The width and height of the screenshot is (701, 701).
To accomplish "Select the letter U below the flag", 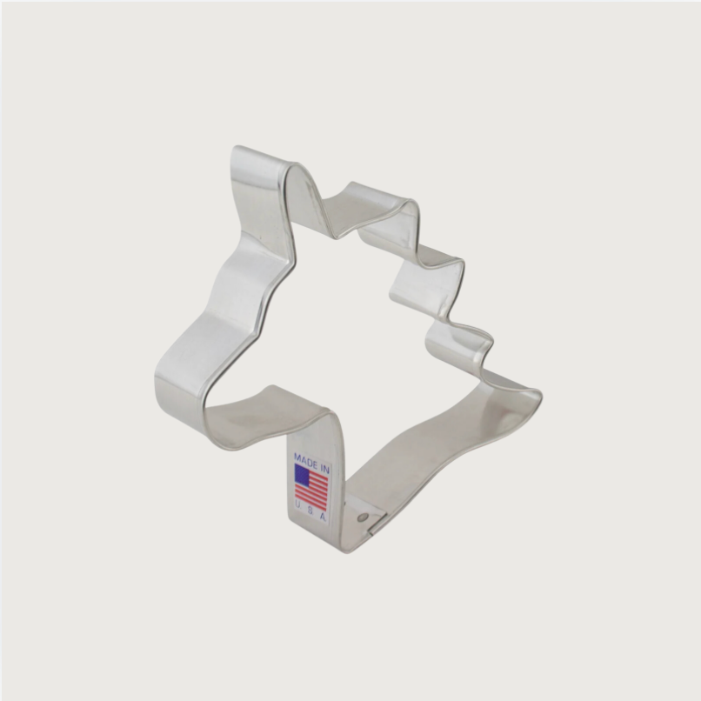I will (298, 504).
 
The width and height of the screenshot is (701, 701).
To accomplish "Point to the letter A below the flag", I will (322, 517).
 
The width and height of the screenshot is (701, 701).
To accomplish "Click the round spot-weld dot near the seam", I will (362, 517).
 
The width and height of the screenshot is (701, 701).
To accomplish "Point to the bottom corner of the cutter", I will (346, 548).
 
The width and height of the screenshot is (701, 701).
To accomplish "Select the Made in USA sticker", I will (310, 487).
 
